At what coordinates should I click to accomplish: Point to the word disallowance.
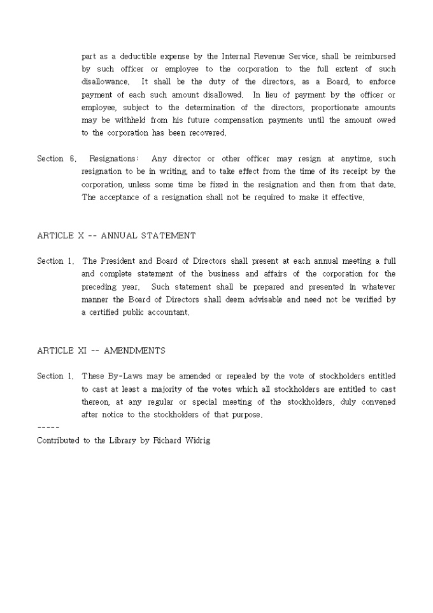pos(105,82)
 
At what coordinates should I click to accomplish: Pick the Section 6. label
pos(57,159)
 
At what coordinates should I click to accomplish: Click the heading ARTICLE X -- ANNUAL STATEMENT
pos(117,236)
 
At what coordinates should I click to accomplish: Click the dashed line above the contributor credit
pos(48,427)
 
